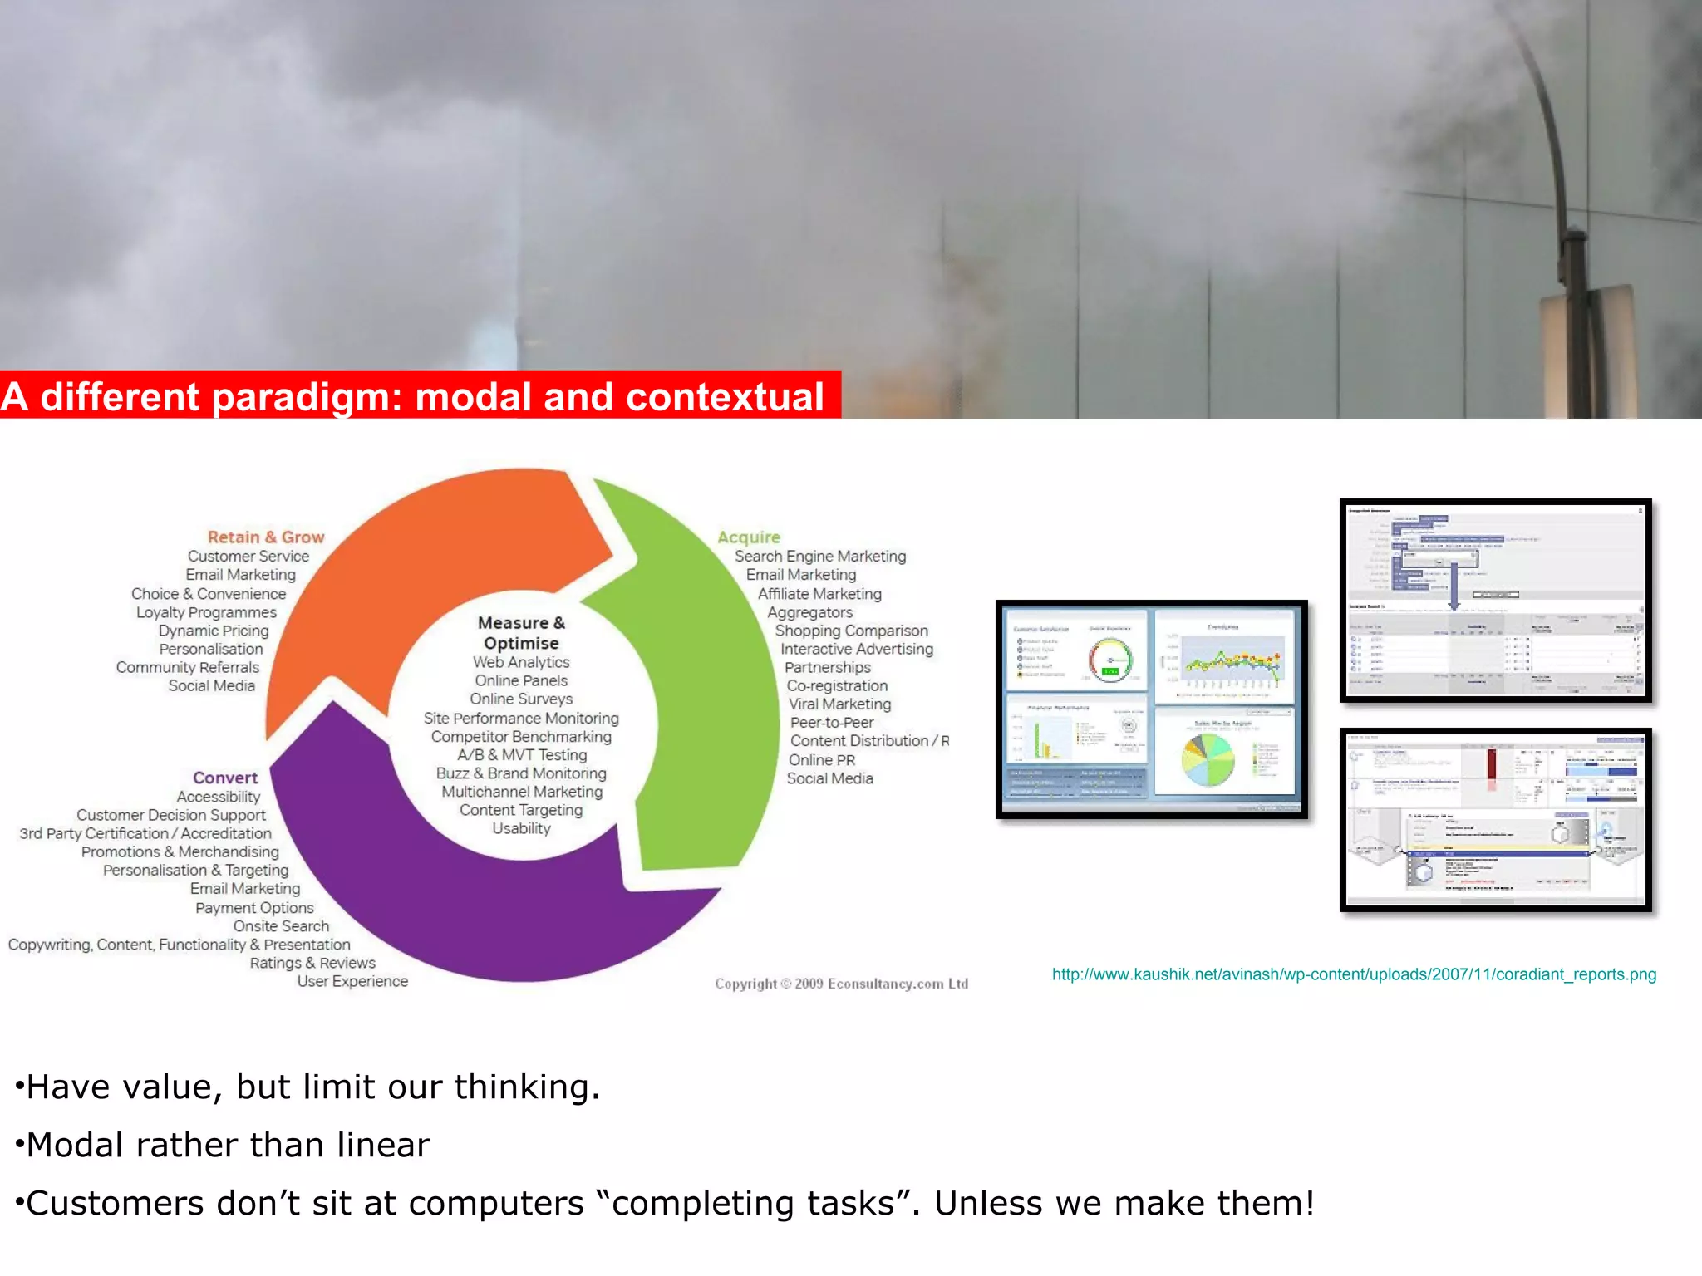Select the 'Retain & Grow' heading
click(x=265, y=537)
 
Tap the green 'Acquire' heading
click(x=748, y=537)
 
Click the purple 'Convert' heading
click(x=225, y=778)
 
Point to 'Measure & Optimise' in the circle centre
click(x=521, y=633)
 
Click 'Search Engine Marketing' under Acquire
click(x=819, y=557)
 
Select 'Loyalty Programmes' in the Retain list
click(x=206, y=612)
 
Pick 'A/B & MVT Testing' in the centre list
click(x=522, y=755)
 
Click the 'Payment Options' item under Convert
click(x=254, y=908)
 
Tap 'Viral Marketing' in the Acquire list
click(x=839, y=704)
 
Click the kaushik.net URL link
click(x=1354, y=974)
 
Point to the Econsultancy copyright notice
click(x=841, y=984)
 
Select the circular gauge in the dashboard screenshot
click(x=1110, y=660)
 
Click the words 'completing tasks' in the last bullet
click(x=753, y=1204)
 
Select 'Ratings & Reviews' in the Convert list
click(x=312, y=964)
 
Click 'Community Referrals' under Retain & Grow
click(x=188, y=668)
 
